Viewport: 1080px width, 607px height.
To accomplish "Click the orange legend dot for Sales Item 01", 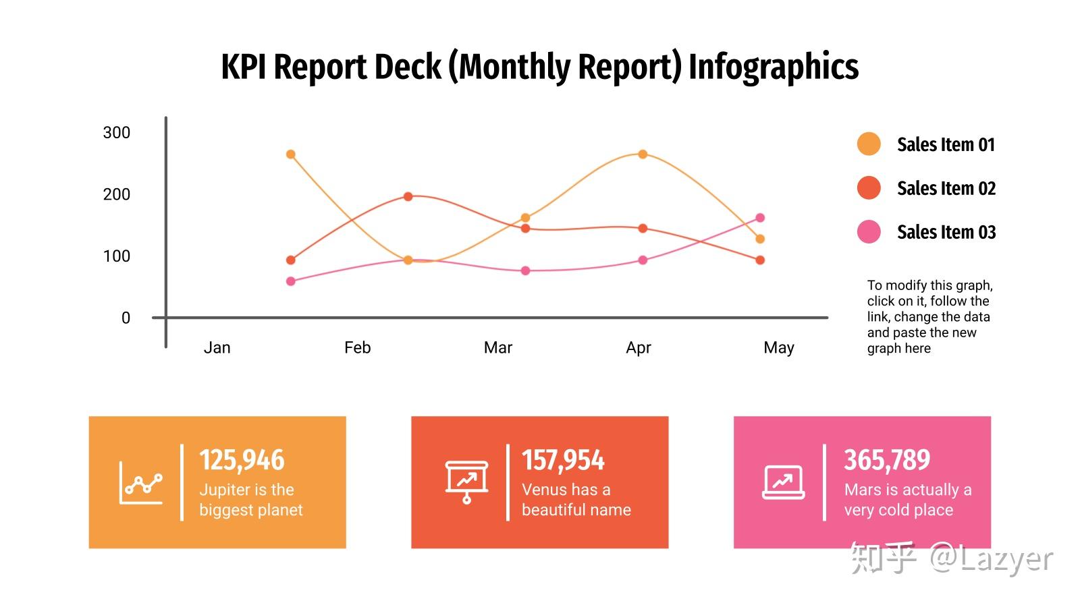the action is click(x=869, y=144).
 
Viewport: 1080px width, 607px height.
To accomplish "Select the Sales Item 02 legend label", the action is click(x=946, y=188).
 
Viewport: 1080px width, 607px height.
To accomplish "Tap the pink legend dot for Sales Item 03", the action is click(x=869, y=232).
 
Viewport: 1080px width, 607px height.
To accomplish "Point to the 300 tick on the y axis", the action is click(x=116, y=132).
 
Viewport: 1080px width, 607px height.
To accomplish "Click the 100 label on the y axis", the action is click(x=116, y=256).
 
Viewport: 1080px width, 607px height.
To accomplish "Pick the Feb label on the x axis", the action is click(x=357, y=347).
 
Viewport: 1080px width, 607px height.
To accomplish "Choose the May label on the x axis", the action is click(x=779, y=348).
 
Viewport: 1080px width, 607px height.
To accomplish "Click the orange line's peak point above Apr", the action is click(x=643, y=154).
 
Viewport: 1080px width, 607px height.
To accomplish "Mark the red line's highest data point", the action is click(x=408, y=196).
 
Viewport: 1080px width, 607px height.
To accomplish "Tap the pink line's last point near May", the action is click(x=760, y=218).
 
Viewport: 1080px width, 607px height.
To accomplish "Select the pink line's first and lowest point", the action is click(x=291, y=281).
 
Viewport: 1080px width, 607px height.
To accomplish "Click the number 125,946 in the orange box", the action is click(x=242, y=459).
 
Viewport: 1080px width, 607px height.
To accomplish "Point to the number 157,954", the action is click(x=563, y=459).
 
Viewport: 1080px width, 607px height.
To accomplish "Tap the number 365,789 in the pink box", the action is click(x=887, y=459).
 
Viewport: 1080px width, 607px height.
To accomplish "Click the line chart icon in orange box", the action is click(x=141, y=483).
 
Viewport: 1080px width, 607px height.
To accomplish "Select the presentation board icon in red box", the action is click(x=466, y=482).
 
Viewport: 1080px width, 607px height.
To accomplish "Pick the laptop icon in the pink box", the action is click(x=784, y=482).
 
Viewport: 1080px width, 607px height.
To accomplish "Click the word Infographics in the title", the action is click(x=774, y=67).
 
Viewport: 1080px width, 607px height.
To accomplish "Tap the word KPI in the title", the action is click(x=244, y=67).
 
